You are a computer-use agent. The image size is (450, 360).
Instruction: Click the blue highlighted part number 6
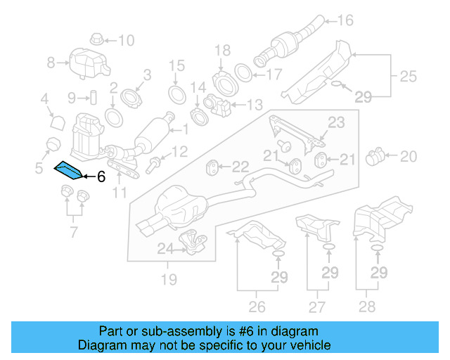coord(69,169)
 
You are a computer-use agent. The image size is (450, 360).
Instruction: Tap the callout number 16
coord(346,20)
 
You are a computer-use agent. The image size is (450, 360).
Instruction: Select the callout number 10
coord(125,40)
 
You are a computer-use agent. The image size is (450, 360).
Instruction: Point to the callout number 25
coord(409,75)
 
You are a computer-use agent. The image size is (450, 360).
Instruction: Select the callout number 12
coord(181,150)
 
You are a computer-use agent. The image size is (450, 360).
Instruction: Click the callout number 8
coord(51,63)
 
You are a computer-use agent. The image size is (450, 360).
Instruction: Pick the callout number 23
coord(337,123)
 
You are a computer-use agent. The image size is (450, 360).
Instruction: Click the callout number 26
coord(257,307)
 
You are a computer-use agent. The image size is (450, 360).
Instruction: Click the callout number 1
coord(186,129)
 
